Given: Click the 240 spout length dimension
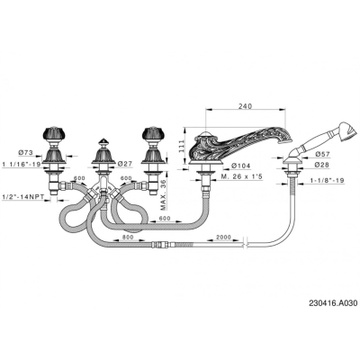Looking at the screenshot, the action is [246, 106].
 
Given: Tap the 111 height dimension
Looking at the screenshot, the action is [181, 147].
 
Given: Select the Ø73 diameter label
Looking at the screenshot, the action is [25, 152].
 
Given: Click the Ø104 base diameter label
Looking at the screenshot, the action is [242, 166].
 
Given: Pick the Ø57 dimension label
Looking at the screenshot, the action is [322, 154].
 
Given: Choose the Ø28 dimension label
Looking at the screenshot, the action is [322, 165].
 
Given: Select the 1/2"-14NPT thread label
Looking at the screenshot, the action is [22, 197].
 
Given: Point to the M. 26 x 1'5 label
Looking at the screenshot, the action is [241, 176].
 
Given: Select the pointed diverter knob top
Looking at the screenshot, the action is [103, 142].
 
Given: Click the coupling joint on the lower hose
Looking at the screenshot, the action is [160, 245].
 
